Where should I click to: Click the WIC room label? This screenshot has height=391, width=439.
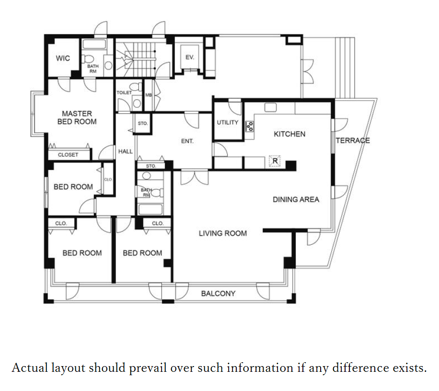[x=63, y=58]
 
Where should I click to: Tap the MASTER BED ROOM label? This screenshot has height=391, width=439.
[x=77, y=117]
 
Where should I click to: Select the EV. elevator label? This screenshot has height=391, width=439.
[x=190, y=57]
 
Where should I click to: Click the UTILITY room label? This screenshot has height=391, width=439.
[x=227, y=122]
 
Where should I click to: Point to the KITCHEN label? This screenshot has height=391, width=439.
[x=289, y=134]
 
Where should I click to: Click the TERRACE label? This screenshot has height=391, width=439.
[x=353, y=140]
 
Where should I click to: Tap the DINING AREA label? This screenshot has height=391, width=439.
[x=296, y=199]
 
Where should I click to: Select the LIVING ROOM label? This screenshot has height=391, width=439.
[x=223, y=233]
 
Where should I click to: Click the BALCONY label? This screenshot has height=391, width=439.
[x=218, y=293]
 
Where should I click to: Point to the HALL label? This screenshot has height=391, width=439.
[x=125, y=151]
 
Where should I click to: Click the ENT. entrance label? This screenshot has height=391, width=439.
[x=187, y=141]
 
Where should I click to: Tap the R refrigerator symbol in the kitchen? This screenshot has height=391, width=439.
[x=275, y=161]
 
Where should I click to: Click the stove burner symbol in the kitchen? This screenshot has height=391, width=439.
[x=250, y=126]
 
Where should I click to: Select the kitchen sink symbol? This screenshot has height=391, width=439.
[x=270, y=107]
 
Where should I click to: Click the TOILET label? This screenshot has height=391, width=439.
[x=124, y=92]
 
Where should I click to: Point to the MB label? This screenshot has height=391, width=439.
[x=149, y=95]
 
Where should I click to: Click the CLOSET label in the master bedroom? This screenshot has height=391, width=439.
[x=68, y=155]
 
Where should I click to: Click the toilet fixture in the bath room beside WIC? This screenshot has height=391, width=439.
[x=88, y=59]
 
